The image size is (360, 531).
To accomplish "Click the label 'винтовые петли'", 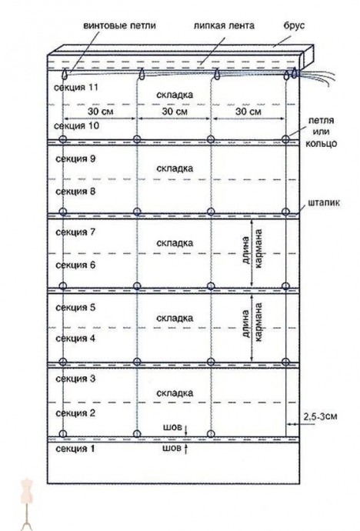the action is pos(119,25).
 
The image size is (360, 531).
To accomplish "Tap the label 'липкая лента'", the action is pos(224,25).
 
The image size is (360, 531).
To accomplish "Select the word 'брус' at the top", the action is pos(294,25).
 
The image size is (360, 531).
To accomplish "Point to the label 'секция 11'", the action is pos(76,88).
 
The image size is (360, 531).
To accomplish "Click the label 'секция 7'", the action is pos(75,232).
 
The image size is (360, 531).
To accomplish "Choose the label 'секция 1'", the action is pos(75,449).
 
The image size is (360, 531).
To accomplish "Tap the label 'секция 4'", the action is pos(75,339).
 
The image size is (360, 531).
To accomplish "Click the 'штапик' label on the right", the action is pos(324,203).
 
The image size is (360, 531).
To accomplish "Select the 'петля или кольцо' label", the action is pos(321,132).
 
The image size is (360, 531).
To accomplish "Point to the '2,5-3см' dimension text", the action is pos(320,416).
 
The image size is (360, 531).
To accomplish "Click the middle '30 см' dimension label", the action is pos(175,111).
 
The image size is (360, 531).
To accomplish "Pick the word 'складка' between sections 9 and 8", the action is pos(175,169).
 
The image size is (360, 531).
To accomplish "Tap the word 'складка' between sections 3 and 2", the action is pos(175,393).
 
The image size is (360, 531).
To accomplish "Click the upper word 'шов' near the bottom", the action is pos(172,427).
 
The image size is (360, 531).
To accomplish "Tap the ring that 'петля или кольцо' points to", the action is pos(285,139).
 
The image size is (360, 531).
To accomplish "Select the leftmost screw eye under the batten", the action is pos(65,73).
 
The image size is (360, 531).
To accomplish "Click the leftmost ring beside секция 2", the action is pos(63,433).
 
